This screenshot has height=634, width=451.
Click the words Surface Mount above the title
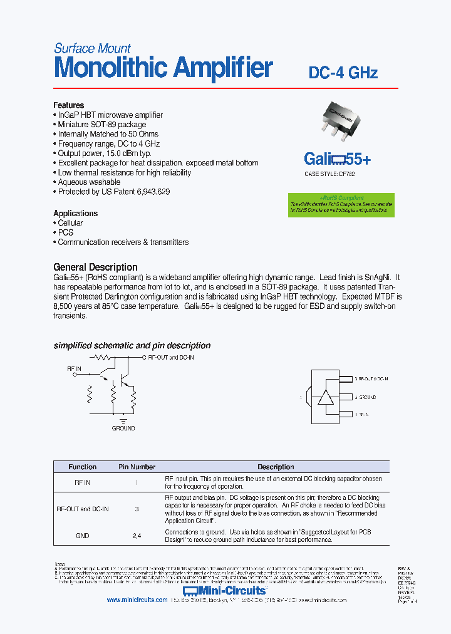92,48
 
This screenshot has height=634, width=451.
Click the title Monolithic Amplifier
163,68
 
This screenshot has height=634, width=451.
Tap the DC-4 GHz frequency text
343,73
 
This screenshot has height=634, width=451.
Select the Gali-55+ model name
337,159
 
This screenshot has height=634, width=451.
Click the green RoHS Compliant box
341,205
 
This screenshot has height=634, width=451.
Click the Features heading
68,105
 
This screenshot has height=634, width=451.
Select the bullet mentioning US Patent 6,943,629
113,192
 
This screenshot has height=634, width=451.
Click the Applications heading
75,213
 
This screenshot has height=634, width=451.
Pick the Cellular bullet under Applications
70,223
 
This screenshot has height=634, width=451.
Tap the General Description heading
95,267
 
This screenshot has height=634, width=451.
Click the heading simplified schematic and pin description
132,346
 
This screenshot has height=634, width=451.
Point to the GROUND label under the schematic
123,429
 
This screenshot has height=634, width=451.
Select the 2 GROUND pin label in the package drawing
366,397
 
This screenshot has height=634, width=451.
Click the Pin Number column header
137,467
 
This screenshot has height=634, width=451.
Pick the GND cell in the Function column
82,536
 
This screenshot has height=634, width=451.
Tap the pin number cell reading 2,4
137,536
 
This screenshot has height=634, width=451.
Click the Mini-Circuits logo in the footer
225,591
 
